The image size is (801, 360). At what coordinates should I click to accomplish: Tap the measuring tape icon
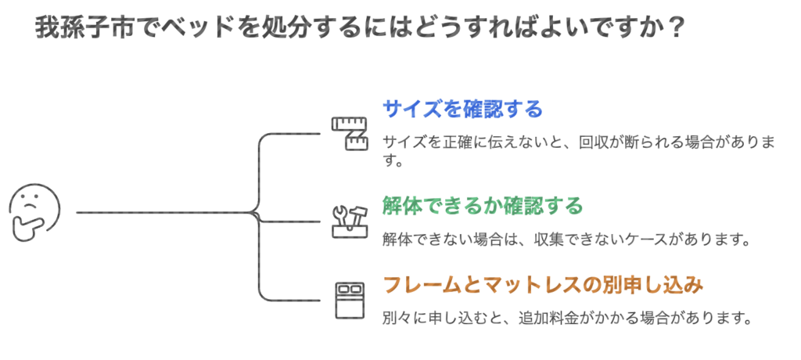click(x=350, y=134)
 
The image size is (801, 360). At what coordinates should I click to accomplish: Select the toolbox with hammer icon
click(x=350, y=221)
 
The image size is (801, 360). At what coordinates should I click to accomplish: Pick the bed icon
click(x=350, y=299)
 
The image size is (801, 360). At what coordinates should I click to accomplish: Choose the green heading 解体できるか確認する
click(x=483, y=206)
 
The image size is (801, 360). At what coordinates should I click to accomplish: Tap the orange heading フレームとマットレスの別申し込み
click(x=543, y=285)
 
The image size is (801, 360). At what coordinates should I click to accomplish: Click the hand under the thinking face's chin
click(x=25, y=228)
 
